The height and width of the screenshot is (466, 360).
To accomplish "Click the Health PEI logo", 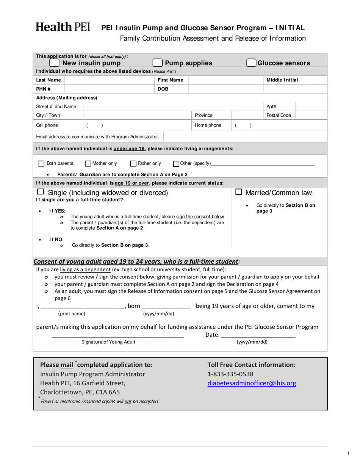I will (63, 27).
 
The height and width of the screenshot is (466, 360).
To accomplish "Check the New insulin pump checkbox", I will (55, 63).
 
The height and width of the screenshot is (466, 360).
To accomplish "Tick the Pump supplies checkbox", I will (157, 63).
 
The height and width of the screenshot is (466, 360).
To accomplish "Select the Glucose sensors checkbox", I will (251, 63).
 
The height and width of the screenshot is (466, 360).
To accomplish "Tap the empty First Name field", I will (225, 80).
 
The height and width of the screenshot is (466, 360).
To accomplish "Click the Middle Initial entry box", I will (316, 80).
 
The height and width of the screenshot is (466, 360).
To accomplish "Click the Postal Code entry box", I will (310, 115).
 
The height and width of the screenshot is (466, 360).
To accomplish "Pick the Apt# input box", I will (310, 106).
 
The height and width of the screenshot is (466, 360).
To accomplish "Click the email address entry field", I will (245, 136).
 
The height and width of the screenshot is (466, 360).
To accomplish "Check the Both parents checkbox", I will (41, 164).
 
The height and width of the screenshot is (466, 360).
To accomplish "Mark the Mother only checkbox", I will (88, 164).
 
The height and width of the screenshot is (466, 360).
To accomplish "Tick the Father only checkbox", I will (133, 164).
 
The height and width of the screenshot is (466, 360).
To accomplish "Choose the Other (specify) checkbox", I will (176, 164).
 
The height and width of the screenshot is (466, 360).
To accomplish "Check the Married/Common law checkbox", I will (239, 192).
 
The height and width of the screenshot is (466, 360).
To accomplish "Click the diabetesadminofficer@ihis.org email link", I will (252, 383).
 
